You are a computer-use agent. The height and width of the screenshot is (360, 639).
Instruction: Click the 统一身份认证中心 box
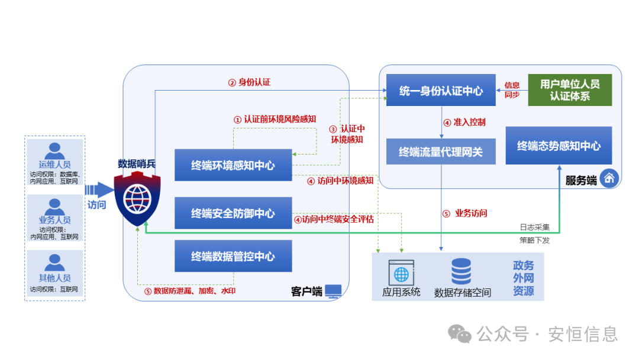(441, 91)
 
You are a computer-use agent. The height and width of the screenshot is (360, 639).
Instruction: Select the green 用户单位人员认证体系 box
(570, 90)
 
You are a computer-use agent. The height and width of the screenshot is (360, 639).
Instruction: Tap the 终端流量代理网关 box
(441, 152)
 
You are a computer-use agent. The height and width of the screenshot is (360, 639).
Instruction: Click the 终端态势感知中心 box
(559, 146)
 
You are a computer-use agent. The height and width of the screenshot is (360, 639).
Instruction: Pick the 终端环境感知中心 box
(233, 165)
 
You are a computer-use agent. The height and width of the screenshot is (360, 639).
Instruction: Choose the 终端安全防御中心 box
(233, 213)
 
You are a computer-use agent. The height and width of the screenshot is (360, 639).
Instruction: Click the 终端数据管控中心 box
(233, 256)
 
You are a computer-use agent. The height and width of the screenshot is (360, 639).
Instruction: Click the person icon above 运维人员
(55, 150)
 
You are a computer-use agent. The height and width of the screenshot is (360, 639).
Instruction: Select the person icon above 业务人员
(55, 206)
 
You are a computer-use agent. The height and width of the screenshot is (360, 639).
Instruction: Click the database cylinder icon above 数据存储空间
(461, 272)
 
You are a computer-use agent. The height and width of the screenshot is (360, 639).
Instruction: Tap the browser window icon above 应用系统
(401, 272)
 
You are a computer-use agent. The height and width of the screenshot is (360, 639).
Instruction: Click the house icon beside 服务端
(609, 178)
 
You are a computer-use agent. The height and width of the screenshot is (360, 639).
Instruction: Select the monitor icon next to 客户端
(333, 291)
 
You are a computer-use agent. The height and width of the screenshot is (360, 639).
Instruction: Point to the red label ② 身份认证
(249, 82)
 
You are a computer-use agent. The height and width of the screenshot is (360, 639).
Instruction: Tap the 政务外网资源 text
(523, 278)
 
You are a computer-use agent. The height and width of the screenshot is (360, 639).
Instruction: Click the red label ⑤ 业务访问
(465, 213)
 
